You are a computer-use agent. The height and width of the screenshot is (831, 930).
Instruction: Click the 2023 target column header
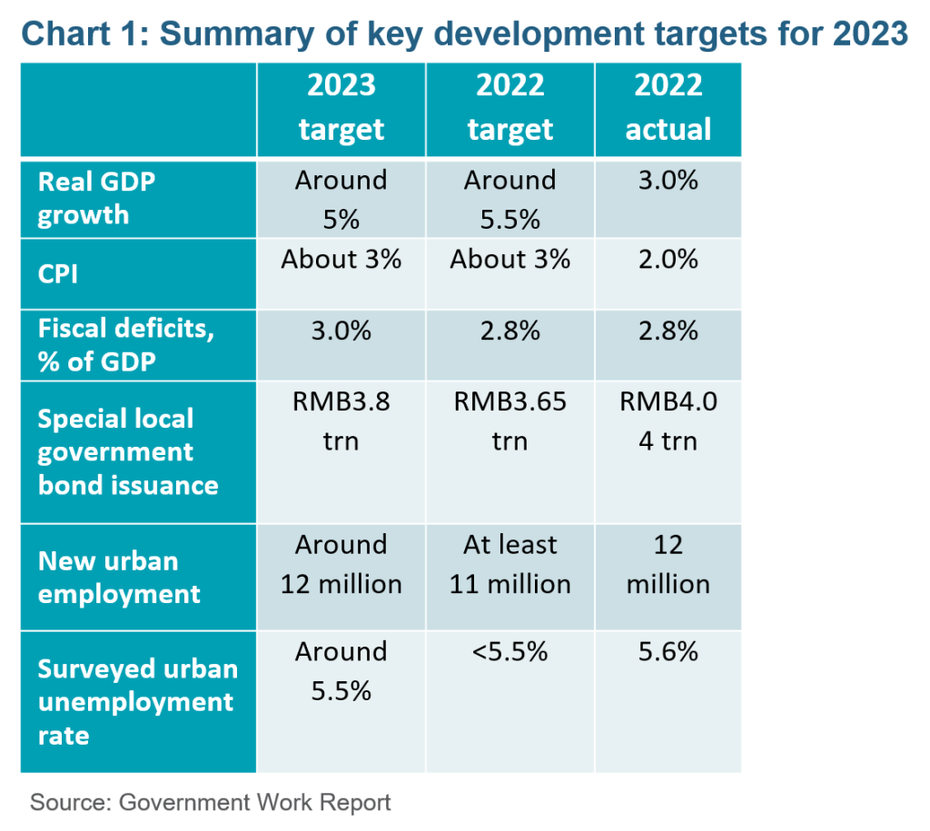[x=341, y=107]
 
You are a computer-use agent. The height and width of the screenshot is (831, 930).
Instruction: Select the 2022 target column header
[x=510, y=107]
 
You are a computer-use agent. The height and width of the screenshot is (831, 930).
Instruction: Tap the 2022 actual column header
[x=668, y=107]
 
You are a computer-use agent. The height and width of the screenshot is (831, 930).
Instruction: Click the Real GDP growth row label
[x=96, y=198]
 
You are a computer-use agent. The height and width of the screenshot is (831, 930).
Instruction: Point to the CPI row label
[x=57, y=274]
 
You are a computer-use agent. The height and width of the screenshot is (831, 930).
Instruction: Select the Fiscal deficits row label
[x=125, y=344]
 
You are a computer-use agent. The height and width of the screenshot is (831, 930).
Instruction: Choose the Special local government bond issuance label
[x=128, y=452]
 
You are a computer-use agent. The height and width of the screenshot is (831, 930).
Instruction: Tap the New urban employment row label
[x=119, y=577]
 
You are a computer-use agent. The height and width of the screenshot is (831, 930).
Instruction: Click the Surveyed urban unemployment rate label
[x=138, y=702]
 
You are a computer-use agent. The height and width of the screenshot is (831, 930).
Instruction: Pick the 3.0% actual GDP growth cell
[x=668, y=181]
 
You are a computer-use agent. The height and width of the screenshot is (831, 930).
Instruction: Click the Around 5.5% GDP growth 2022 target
[x=510, y=200]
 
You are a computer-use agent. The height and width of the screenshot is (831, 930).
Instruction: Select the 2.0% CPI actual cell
[x=668, y=259]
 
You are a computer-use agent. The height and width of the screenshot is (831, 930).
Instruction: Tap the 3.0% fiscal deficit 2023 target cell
[x=341, y=331]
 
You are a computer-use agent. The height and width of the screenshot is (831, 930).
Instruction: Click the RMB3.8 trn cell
[x=341, y=421]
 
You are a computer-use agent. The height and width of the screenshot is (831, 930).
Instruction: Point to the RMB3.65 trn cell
[x=510, y=421]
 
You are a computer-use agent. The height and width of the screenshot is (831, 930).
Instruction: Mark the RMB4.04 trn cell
[x=668, y=421]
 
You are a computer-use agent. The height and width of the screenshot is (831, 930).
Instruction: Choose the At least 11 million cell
[x=510, y=564]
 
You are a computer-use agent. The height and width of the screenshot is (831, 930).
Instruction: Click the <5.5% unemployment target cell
[x=510, y=651]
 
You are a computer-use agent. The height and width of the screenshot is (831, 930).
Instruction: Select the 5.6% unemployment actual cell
[x=668, y=651]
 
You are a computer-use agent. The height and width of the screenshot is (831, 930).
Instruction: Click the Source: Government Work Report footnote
[x=211, y=803]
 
